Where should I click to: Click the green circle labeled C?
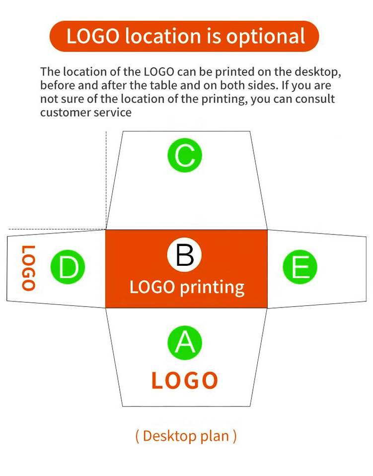pos(185,155)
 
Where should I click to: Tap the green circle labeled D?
pos(68,268)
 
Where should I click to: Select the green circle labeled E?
pos(300,268)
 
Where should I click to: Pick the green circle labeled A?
pos(185,343)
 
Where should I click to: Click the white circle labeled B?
pos(185,256)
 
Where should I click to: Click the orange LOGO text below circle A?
pos(185,381)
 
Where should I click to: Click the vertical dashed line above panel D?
pos(106,178)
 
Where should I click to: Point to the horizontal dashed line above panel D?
pos(55,230)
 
